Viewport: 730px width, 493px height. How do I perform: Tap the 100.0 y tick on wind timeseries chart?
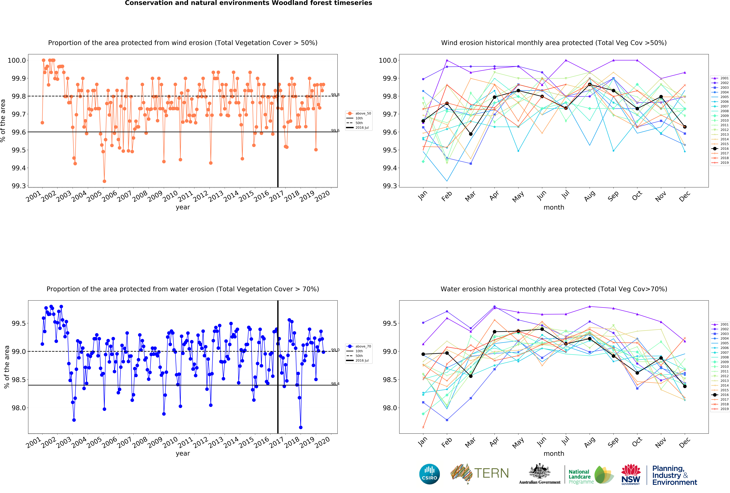tap(17, 60)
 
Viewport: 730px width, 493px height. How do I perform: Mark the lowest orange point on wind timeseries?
tap(104, 181)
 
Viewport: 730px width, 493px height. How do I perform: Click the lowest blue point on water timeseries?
tap(301, 427)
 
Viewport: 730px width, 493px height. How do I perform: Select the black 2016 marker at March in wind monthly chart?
tap(471, 134)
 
